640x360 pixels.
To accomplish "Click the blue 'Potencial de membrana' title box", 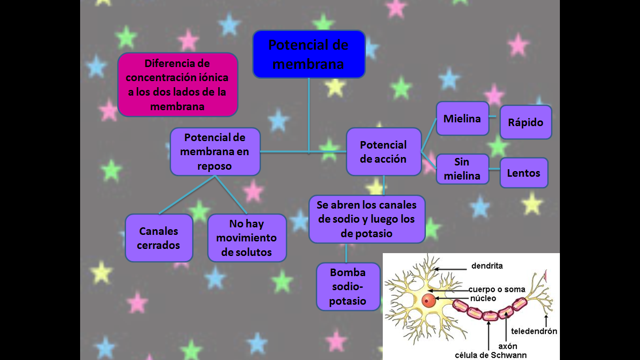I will coord(309,54).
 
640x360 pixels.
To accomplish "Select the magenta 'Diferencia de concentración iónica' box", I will coord(178,85).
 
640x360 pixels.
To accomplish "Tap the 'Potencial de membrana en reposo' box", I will coord(215,152).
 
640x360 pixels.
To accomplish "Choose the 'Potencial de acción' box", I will coord(383,152).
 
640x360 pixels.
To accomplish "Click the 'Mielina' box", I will coord(462,119).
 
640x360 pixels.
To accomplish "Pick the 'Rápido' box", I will coord(526,122).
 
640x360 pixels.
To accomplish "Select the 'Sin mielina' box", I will coord(462,169).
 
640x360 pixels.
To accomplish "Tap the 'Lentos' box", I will coord(524,173).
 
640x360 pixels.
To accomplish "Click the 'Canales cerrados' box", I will coord(159,238).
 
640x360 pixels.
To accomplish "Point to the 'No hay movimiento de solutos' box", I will coord(247,238).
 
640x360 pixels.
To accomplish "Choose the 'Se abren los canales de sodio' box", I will coord(367,219).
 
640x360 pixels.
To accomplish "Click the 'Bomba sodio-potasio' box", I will coord(348,286).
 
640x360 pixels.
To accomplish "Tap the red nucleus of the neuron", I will coord(428,300).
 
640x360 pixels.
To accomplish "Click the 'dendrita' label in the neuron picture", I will coord(487,266).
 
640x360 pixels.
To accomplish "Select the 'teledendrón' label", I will coord(534,331).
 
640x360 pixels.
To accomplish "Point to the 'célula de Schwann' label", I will coord(491,355).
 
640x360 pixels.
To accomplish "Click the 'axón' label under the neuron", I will coord(507,346).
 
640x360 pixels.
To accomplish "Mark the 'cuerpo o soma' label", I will coord(497,289).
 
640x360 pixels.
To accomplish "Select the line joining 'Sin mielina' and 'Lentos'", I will coord(494,169).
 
